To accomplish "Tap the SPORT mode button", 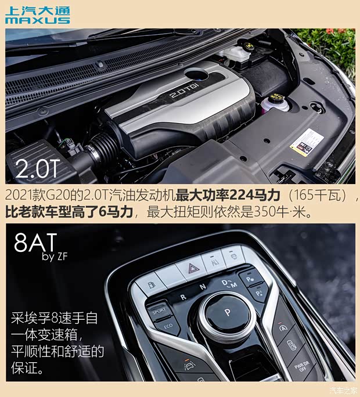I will (x=159, y=310).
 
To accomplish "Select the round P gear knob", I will (x=226, y=313).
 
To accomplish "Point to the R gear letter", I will (x=183, y=296).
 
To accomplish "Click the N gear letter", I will (x=203, y=286).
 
